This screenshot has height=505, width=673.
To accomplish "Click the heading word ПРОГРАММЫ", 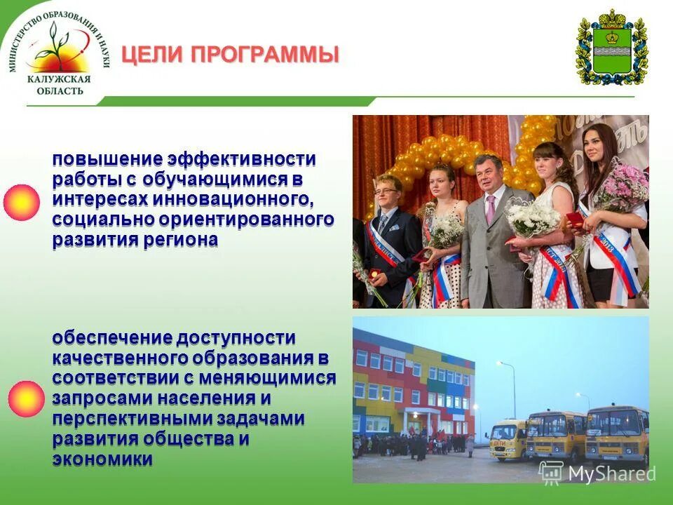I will point(269,55).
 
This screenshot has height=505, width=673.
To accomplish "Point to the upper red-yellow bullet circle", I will point(21,203).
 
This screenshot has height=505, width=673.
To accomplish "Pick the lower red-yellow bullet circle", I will point(26,399).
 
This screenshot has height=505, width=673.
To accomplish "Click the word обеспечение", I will point(111,338).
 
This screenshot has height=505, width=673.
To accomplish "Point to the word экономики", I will point(102,460).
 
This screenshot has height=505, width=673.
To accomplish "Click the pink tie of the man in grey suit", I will point(491,208).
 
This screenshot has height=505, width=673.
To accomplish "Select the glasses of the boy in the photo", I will point(386,191).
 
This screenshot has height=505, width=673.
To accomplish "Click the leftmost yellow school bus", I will point(508,440).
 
